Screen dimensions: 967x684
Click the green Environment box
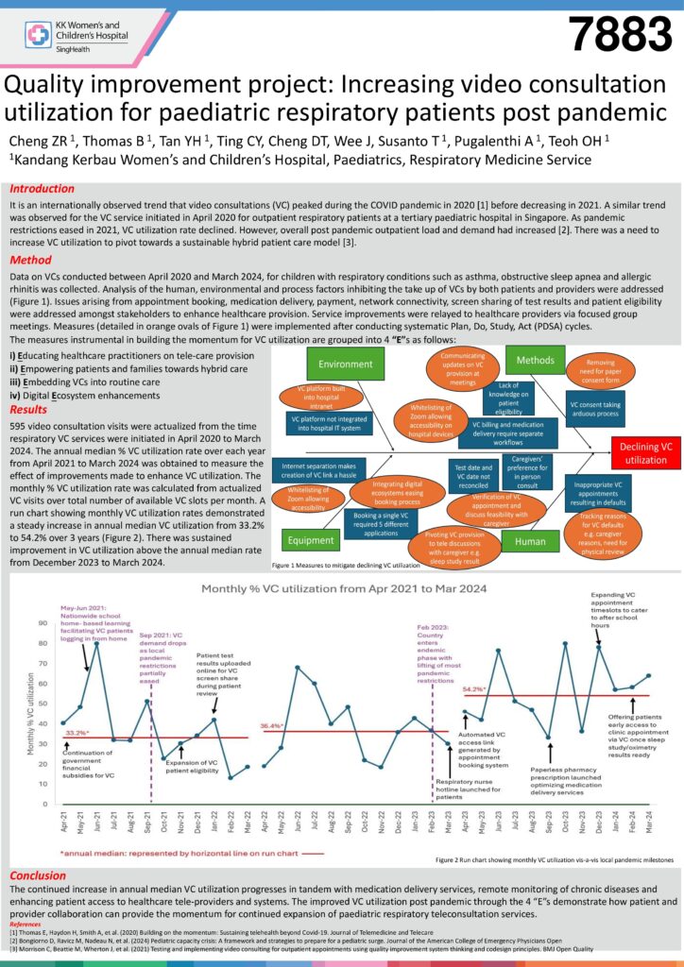pos(346,364)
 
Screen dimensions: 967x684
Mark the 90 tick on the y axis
pos(44,623)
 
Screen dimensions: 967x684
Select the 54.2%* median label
pos(474,689)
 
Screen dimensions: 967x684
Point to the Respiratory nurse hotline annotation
pos(464,789)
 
